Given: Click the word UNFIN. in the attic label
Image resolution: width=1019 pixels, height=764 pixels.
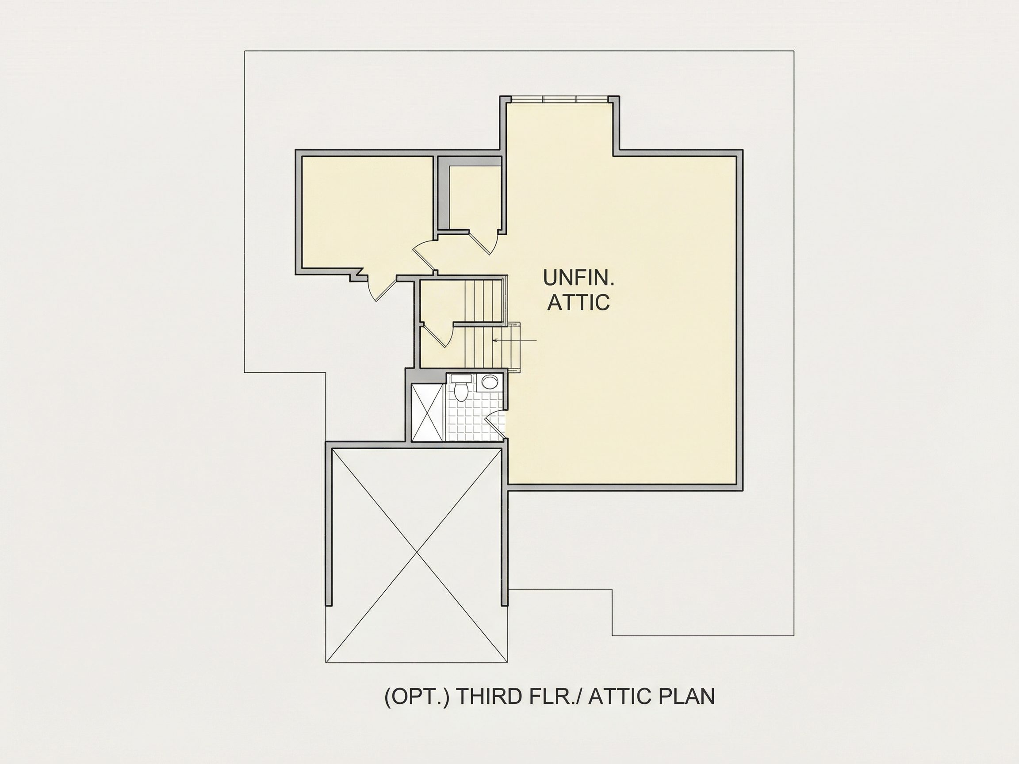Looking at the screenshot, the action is point(578,277).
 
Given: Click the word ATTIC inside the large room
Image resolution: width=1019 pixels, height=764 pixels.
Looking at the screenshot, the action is point(578,302).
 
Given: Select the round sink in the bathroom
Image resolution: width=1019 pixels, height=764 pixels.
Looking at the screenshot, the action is point(489,383).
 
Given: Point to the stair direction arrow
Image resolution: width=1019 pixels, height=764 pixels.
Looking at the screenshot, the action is point(514,340).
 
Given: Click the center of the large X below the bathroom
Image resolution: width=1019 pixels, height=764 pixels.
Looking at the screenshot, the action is point(417,552).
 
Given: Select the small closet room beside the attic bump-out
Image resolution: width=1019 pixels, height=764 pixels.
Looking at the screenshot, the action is point(475,197).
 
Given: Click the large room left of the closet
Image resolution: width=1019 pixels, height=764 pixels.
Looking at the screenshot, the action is point(367,212).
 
